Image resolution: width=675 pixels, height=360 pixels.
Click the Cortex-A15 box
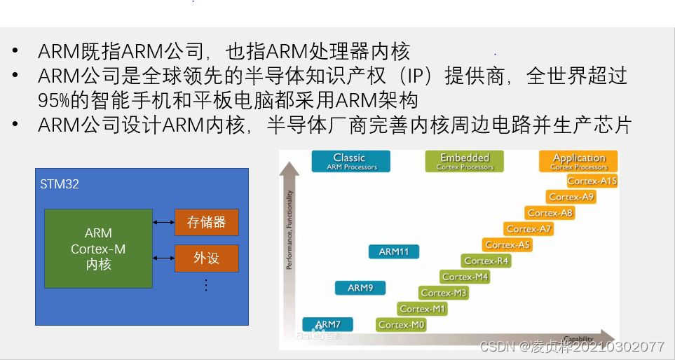click(x=592, y=181)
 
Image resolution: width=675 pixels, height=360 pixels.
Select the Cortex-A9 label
click(x=571, y=197)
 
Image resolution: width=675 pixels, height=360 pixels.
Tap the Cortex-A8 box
click(x=550, y=213)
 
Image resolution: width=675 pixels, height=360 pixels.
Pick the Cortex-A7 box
click(x=529, y=229)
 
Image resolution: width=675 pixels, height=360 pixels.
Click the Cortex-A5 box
click(x=507, y=245)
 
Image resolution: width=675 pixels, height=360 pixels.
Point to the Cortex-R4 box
click(x=486, y=261)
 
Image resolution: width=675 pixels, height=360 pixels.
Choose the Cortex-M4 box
click(x=465, y=277)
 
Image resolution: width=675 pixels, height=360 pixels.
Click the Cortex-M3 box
click(x=444, y=293)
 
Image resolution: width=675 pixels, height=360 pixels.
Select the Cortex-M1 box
click(x=423, y=309)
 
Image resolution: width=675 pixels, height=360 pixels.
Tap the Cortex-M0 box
click(x=402, y=325)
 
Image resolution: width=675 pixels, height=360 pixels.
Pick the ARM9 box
click(x=360, y=288)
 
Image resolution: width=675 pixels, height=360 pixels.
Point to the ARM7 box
click(x=327, y=324)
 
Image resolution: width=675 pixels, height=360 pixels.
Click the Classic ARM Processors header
click(x=350, y=162)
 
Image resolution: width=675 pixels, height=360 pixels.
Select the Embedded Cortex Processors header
click(x=465, y=162)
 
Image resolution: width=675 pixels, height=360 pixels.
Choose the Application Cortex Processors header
click(x=579, y=162)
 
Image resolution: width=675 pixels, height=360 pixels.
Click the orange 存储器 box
click(x=206, y=222)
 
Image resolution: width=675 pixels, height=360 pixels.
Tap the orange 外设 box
click(x=206, y=258)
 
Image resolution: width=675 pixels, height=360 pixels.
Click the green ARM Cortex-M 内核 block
click(x=98, y=249)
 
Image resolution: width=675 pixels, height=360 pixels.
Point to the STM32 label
click(x=60, y=184)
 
